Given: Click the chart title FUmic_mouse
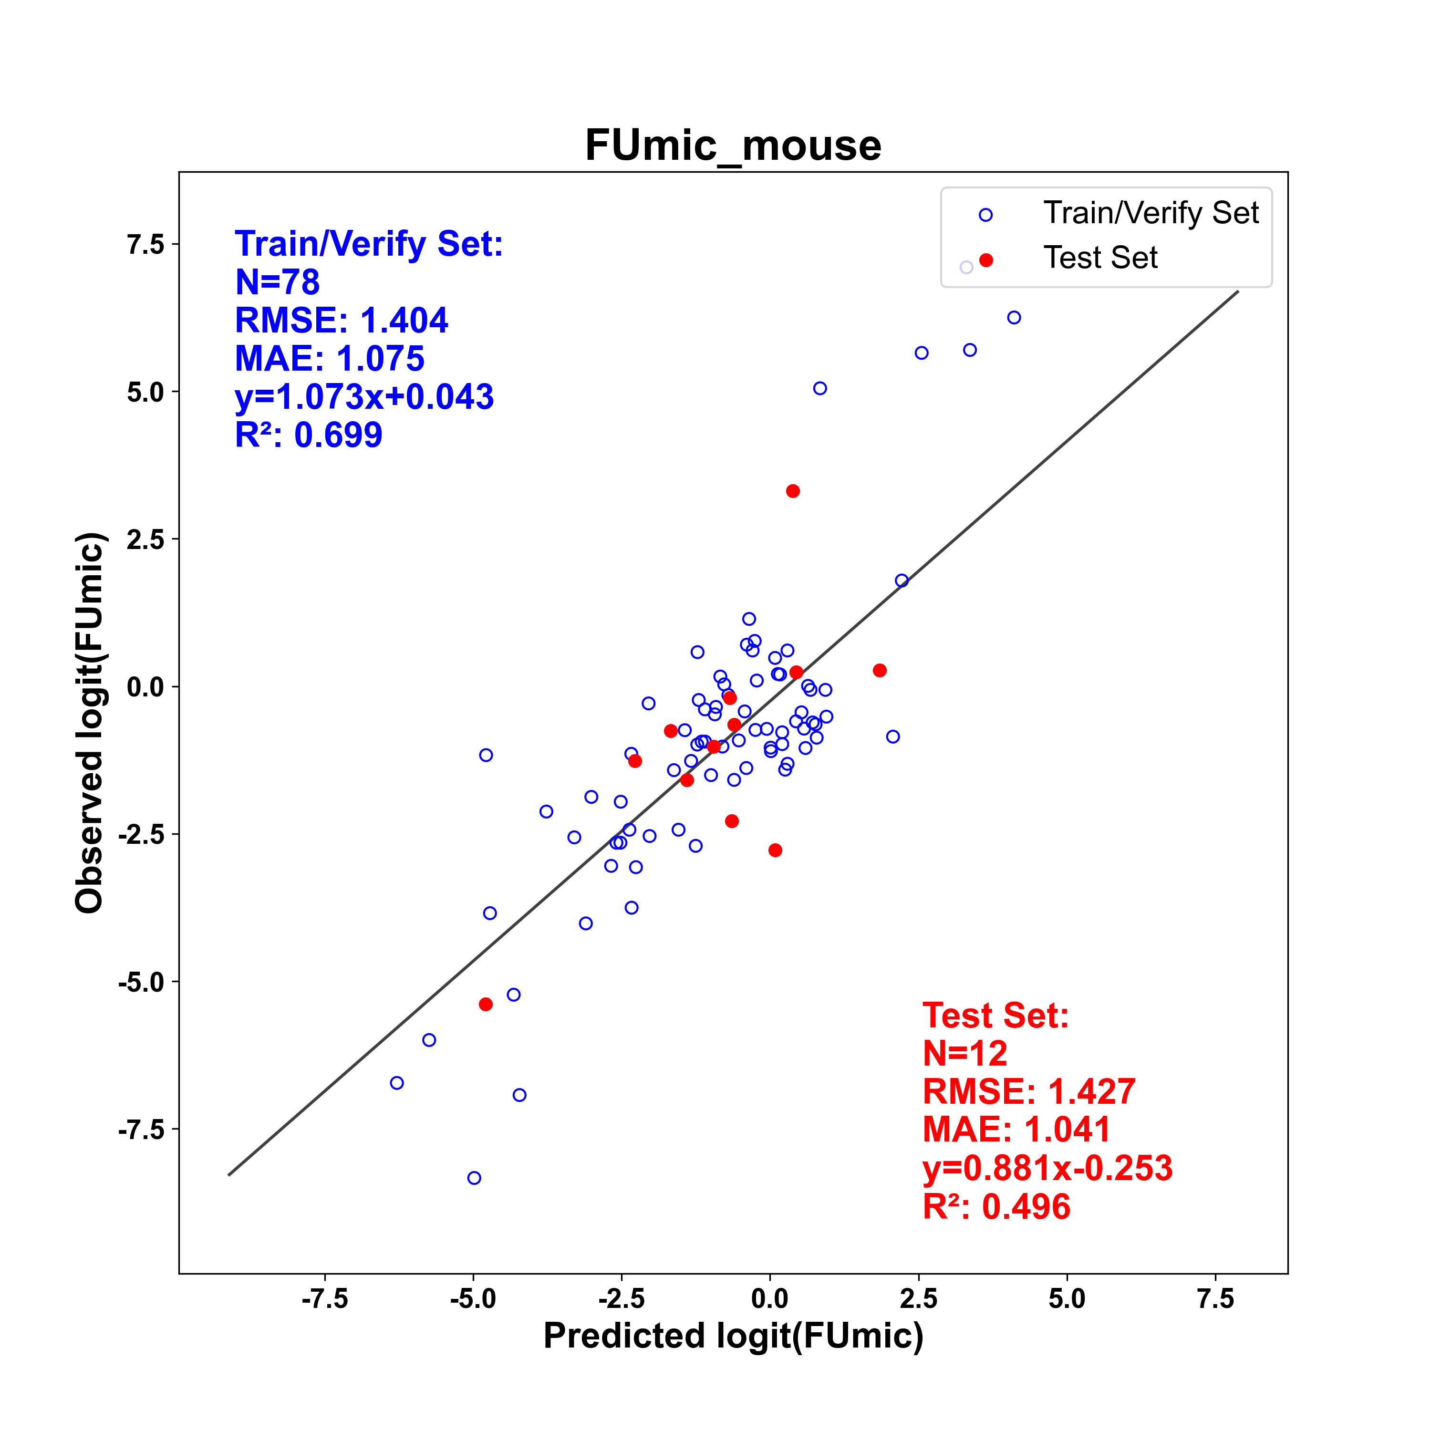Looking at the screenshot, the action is coord(733,145).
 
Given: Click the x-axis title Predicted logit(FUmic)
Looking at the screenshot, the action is coord(733,1336).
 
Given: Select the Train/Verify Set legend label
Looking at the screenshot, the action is coord(1151,213).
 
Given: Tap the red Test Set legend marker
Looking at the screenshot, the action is coord(986,260).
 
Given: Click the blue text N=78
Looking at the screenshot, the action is coord(277,282).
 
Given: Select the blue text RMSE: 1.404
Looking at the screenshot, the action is coord(342,321).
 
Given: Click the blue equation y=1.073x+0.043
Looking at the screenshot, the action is coord(364,397).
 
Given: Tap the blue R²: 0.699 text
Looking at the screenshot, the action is coord(309,435).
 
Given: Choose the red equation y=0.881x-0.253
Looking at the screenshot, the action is coord(1048,1168).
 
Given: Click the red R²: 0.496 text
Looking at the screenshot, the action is coord(997,1207).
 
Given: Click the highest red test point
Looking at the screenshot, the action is coord(792,491).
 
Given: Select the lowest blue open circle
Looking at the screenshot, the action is coord(474,1178).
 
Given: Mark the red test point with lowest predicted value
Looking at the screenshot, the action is coord(486,1005).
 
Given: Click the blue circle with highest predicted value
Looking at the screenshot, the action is coord(1014,317).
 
